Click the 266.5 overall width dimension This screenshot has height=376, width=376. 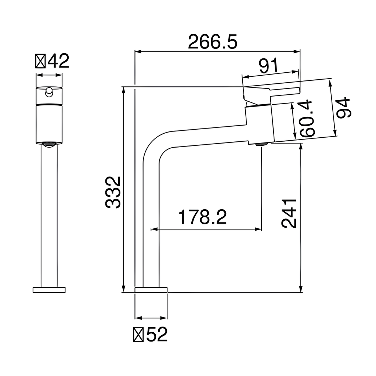tap(213, 42)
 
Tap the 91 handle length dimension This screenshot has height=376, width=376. tap(268, 65)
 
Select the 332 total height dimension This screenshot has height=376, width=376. tap(113, 192)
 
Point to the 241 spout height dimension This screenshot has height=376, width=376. tap(289, 213)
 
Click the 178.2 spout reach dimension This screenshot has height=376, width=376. tap(202, 217)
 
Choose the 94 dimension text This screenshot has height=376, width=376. tap(343, 108)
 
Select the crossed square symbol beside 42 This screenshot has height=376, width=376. tap(40, 61)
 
